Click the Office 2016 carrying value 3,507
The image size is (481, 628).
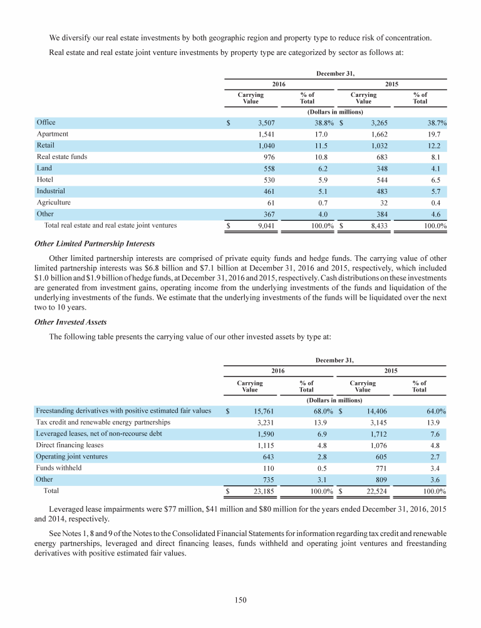258,123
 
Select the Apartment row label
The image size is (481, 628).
53,134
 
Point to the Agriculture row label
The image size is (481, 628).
54,203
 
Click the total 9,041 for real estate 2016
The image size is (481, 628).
258,225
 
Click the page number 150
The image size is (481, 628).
240,600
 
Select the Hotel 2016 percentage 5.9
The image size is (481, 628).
307,180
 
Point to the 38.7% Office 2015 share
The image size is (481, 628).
433,123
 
